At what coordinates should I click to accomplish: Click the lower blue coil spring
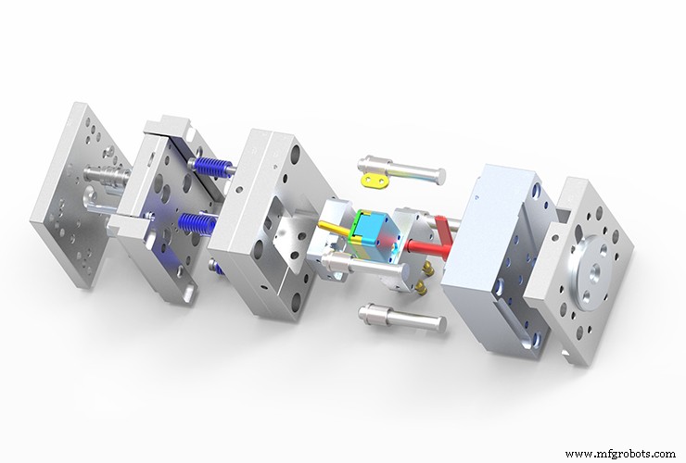pos(198,223)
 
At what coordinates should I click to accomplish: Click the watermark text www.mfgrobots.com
pos(620,454)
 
